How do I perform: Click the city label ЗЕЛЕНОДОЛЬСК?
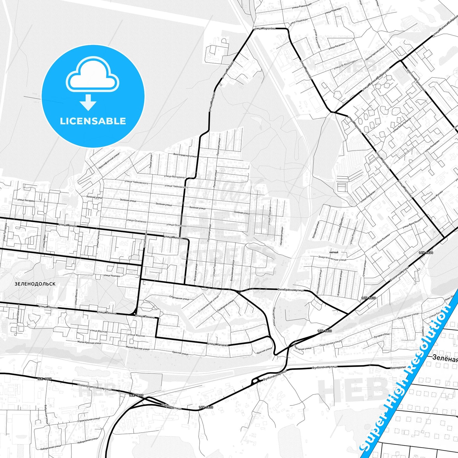(35, 284)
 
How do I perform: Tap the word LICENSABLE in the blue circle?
(93, 121)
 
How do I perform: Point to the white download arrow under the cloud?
(88, 102)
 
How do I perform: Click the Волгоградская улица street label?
(185, 155)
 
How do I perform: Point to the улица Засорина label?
(26, 200)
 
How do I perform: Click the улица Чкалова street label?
(112, 276)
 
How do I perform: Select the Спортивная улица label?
(179, 298)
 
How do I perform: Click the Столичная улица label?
(400, 274)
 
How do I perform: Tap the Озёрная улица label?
(171, 407)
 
